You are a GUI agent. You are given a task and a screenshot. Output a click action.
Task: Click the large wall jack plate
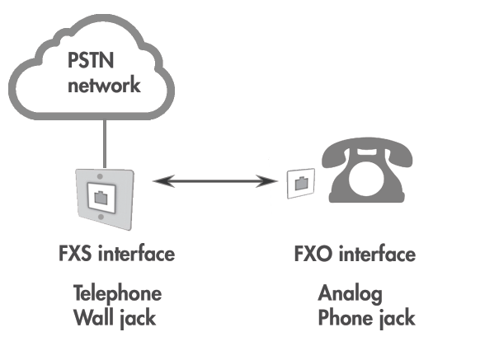pyautogui.click(x=101, y=195)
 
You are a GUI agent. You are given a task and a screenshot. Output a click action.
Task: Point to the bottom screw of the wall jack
pyautogui.click(x=101, y=217)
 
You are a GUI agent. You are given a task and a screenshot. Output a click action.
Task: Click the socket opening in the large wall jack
pyautogui.click(x=101, y=197)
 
